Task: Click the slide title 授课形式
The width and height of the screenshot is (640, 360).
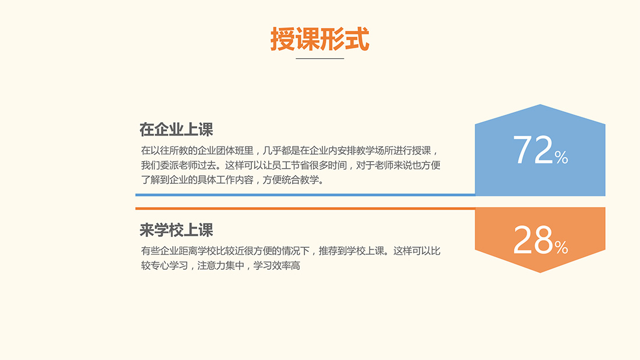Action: pyautogui.click(x=320, y=39)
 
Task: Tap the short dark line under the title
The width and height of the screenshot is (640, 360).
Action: pyautogui.click(x=320, y=58)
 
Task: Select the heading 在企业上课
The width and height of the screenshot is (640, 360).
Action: pyautogui.click(x=176, y=130)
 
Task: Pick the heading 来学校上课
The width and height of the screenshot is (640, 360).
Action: pyautogui.click(x=176, y=230)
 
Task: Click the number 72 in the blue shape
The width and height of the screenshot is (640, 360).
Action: pyautogui.click(x=532, y=150)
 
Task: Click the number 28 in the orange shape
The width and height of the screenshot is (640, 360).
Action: pyautogui.click(x=532, y=240)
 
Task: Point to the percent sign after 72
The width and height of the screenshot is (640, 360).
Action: pyautogui.click(x=561, y=157)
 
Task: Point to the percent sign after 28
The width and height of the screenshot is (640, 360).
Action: pyautogui.click(x=561, y=247)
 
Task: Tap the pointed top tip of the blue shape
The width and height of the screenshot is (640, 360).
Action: pyautogui.click(x=540, y=105)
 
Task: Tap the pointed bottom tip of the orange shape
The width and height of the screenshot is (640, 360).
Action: pyautogui.click(x=540, y=272)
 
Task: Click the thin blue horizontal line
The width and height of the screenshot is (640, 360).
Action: pyautogui.click(x=305, y=195)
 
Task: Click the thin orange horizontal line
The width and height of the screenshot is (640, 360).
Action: pyautogui.click(x=305, y=209)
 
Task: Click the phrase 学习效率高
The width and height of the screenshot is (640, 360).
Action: pyautogui.click(x=277, y=266)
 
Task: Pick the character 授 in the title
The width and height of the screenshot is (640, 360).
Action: pyautogui.click(x=282, y=39)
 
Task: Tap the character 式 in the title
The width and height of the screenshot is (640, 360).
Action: pyautogui.click(x=357, y=39)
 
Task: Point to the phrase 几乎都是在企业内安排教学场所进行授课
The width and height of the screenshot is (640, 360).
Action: pyautogui.click(x=347, y=151)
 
